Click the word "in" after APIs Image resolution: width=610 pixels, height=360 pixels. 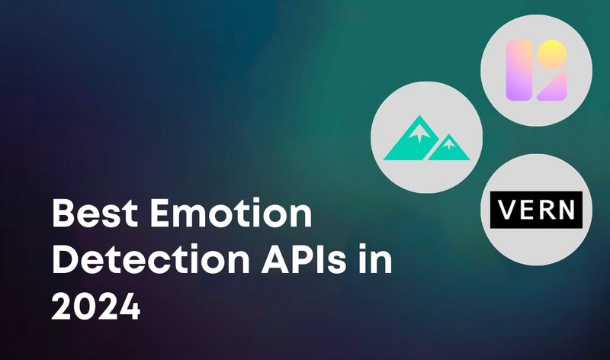pyautogui.click(x=375, y=262)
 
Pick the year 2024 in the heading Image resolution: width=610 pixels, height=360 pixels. pyautogui.click(x=96, y=308)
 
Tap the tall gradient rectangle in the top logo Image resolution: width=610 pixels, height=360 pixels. pyautogui.click(x=518, y=71)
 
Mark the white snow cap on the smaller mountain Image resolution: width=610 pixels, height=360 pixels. pyautogui.click(x=451, y=140)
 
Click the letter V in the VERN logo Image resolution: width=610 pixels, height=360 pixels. pyautogui.click(x=506, y=208)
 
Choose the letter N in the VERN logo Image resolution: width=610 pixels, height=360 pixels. pyautogui.click(x=568, y=208)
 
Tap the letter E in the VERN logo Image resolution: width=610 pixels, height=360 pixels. pyautogui.click(x=526, y=208)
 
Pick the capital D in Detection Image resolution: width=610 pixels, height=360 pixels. pyautogui.click(x=65, y=262)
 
